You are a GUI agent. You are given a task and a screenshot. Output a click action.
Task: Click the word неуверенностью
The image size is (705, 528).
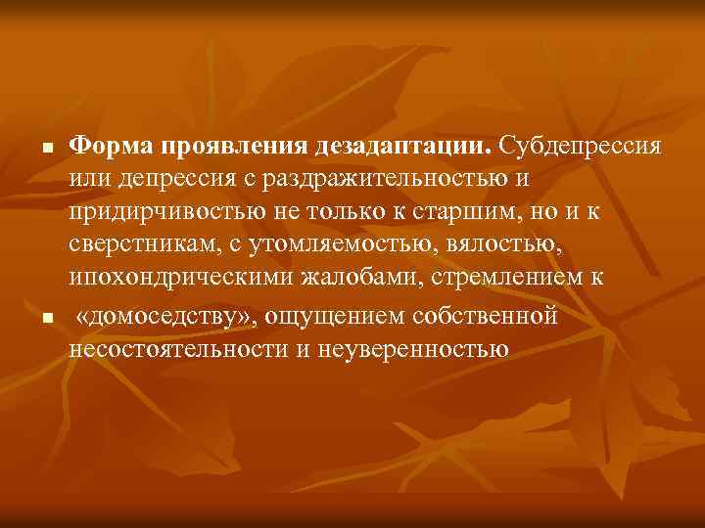point(411,349)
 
